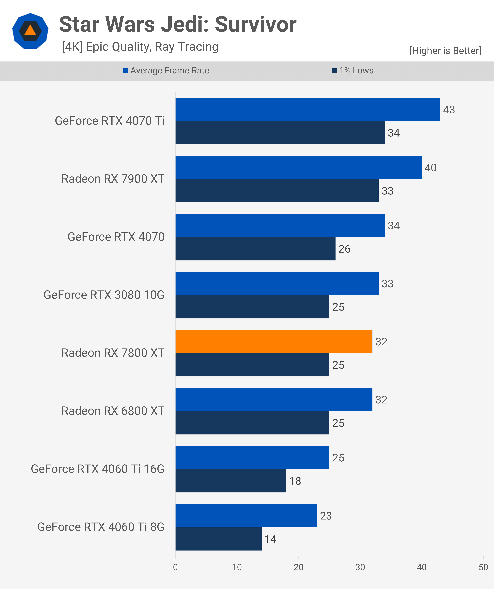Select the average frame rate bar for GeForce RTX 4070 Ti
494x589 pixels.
(x=308, y=109)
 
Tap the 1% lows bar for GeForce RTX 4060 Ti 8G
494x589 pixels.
(x=218, y=539)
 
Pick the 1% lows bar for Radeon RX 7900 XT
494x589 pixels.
(x=277, y=191)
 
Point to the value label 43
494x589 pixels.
(x=449, y=110)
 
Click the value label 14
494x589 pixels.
(x=271, y=539)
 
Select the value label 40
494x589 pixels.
(x=430, y=168)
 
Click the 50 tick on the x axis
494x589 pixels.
(x=483, y=567)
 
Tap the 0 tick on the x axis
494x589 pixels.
(x=175, y=567)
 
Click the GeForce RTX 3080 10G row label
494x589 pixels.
(x=104, y=295)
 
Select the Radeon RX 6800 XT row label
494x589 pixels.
(x=113, y=411)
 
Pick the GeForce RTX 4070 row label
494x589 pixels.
(x=116, y=237)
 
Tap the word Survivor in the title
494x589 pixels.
(x=255, y=24)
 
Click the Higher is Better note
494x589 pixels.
(x=445, y=51)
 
